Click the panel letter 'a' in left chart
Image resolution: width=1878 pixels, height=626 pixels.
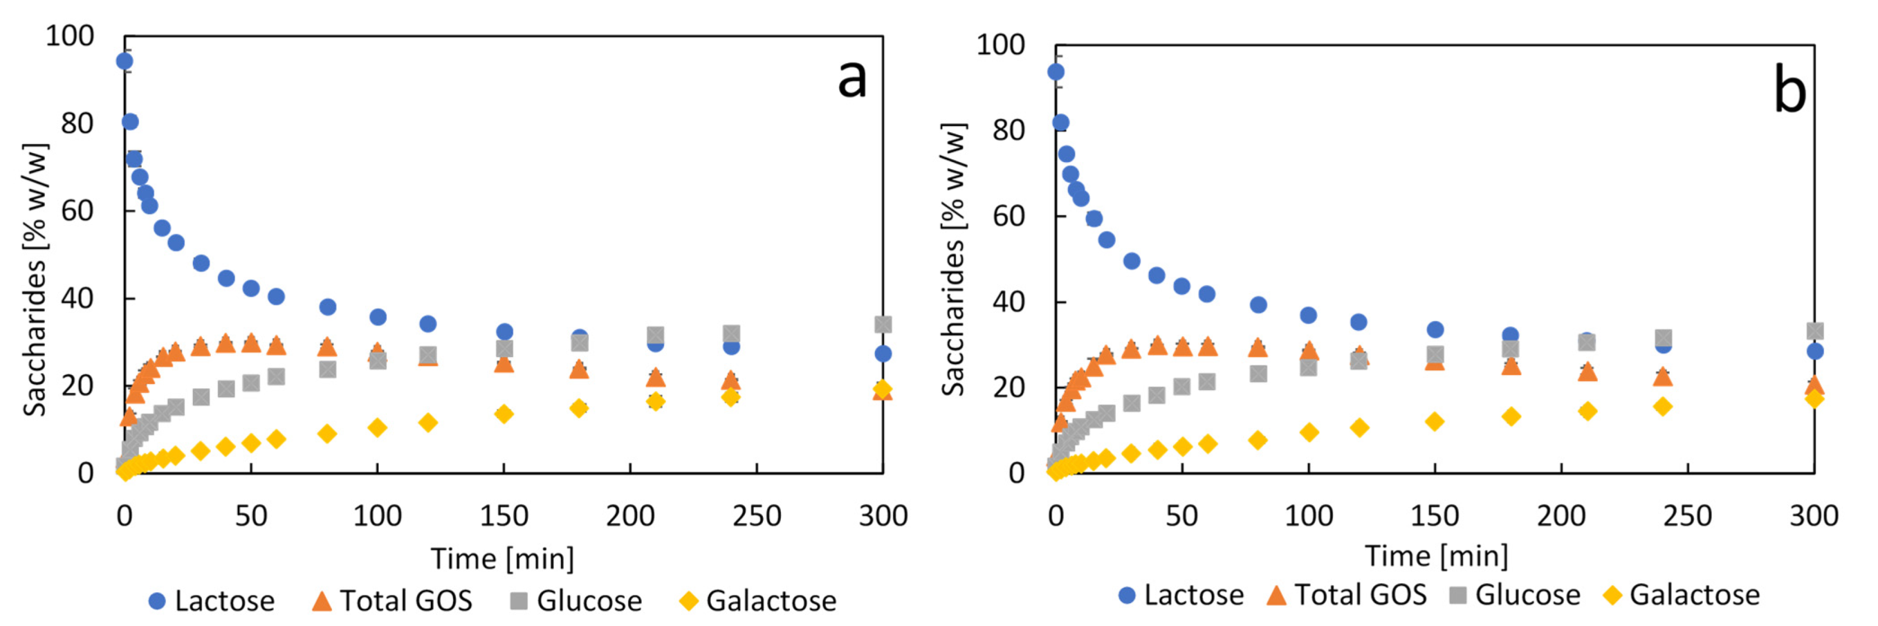851,78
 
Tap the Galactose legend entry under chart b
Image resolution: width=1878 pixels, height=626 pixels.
1683,595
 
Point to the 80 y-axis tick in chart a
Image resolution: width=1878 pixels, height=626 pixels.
77,123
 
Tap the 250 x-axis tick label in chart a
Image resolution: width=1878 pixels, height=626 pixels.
757,515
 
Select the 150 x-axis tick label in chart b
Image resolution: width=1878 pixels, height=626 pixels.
1435,515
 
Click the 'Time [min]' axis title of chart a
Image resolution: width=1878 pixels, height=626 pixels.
502,558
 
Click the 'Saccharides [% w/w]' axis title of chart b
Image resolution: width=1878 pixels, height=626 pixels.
954,259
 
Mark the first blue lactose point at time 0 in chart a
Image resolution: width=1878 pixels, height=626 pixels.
125,61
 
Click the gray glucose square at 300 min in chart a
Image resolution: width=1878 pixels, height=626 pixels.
883,324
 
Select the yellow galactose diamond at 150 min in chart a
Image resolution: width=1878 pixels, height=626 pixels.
504,414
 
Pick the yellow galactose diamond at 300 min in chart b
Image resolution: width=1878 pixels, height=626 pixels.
1815,398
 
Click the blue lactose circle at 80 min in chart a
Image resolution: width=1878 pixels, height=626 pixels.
328,307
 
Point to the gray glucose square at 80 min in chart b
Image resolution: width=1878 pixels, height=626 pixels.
1258,374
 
